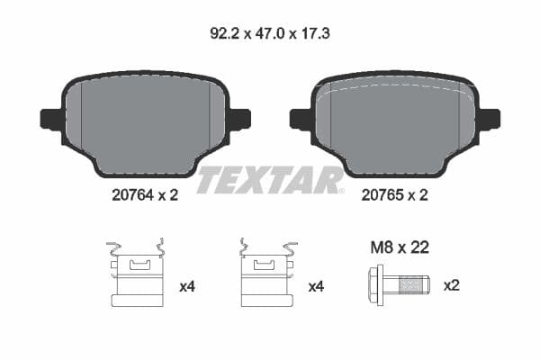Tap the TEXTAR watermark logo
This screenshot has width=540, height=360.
(269, 180)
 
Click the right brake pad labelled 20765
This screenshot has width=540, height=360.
(394, 121)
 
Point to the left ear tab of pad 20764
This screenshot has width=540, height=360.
(50, 119)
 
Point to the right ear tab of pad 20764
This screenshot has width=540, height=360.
(240, 119)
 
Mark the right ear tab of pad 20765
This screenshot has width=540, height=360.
(490, 119)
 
